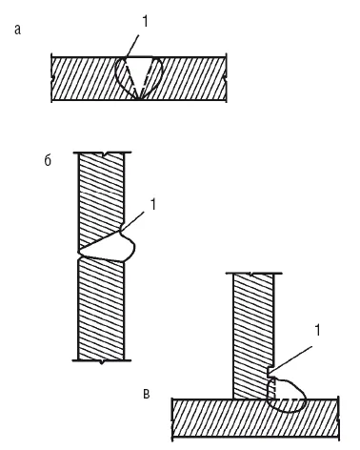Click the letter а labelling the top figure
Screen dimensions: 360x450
(17, 30)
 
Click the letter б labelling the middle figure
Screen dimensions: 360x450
(48, 161)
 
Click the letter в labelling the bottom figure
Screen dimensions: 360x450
(146, 394)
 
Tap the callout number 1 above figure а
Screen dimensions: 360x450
(145, 22)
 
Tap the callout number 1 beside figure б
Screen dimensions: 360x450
(153, 205)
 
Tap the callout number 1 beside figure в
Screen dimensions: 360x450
(317, 331)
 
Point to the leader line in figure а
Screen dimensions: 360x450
(132, 47)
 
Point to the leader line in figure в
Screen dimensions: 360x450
(292, 359)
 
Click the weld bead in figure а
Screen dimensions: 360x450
(139, 76)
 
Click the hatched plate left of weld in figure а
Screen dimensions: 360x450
(83, 79)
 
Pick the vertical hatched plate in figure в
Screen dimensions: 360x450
(253, 337)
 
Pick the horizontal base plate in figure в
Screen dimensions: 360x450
(255, 418)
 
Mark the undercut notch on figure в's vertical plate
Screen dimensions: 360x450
(270, 373)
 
